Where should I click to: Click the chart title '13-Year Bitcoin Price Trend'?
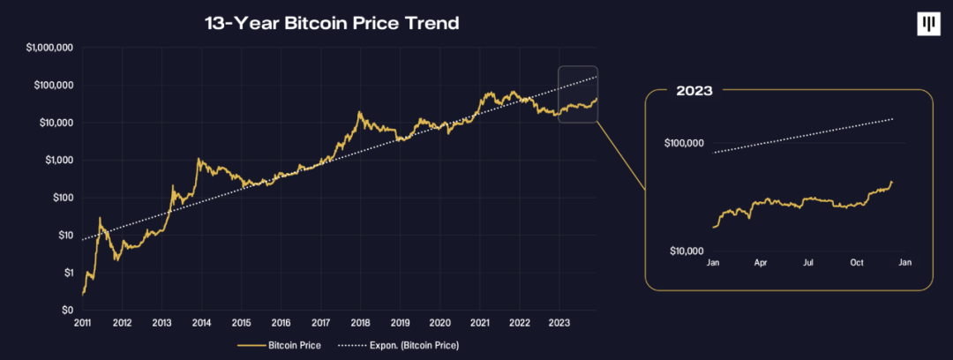coord(331,24)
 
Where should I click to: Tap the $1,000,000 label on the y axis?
coord(49,48)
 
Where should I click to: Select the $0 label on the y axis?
coord(67,311)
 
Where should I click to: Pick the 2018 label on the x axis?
coord(360,324)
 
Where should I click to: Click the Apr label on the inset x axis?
coord(761,263)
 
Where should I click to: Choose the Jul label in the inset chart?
coord(808,263)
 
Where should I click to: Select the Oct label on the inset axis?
coord(856,263)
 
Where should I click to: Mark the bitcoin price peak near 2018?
coord(359,112)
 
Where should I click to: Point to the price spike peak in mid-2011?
coord(100,217)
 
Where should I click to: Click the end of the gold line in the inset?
coord(892,182)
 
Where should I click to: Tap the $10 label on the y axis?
coord(65,236)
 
